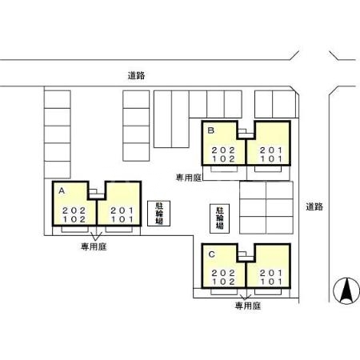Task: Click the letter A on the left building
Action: [61, 190]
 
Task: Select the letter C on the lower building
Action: [211, 254]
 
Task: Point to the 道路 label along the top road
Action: [136, 76]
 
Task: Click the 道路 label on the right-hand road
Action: [314, 206]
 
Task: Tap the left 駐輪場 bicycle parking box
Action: [158, 214]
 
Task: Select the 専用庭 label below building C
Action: [248, 306]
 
